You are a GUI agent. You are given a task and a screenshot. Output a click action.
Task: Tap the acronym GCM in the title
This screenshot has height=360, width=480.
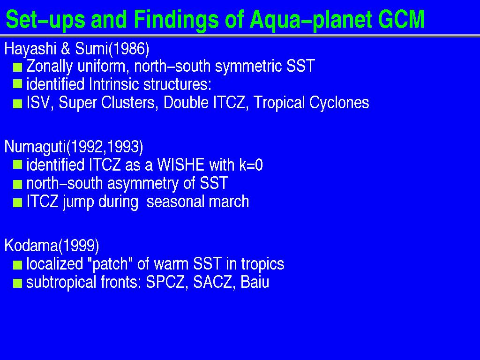[x=401, y=20]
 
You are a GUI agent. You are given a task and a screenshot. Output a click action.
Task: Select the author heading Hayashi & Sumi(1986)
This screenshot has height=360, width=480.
[x=77, y=49]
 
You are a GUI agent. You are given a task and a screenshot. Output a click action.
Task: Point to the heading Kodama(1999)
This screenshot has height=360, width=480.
[x=52, y=246]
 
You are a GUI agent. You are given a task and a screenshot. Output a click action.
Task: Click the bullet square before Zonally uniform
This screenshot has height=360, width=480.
[x=18, y=67]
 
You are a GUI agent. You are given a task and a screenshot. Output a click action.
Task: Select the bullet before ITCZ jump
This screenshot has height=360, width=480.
[x=18, y=202]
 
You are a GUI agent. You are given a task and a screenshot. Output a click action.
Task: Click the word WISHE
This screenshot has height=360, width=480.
[x=180, y=165]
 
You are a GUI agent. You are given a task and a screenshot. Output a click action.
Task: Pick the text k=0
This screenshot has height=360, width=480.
[x=251, y=165]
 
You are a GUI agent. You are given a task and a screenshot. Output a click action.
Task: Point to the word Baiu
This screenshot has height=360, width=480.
[x=255, y=282]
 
